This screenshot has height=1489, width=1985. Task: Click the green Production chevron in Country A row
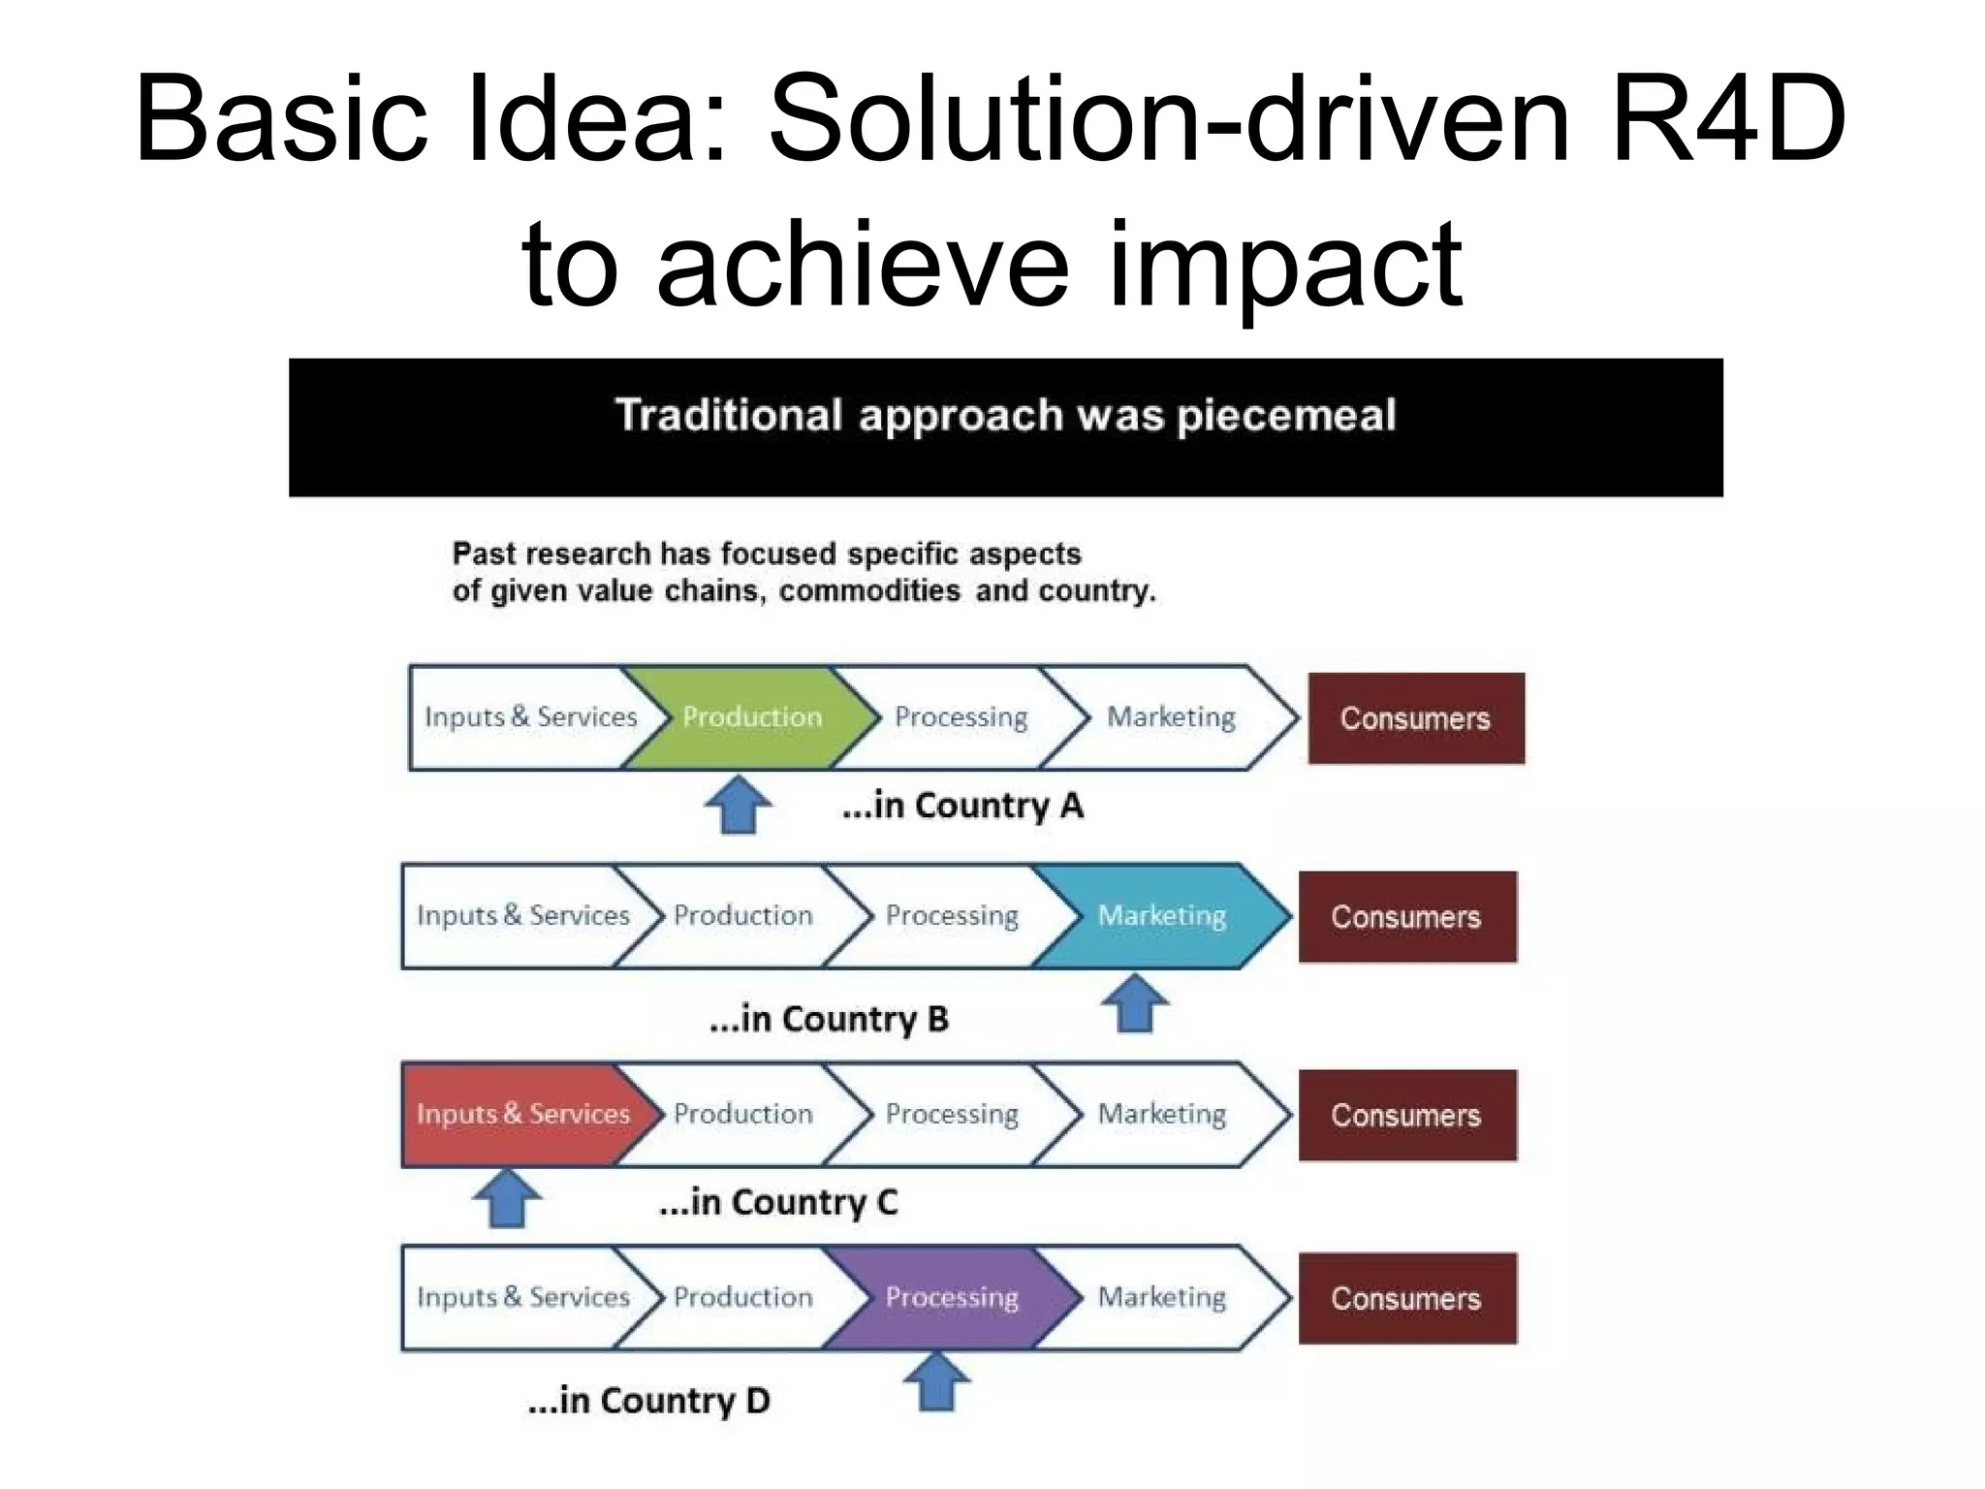pyautogui.click(x=751, y=717)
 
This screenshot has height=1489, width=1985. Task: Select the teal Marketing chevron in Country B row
pyautogui.click(x=1161, y=916)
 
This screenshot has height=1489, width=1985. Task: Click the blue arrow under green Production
pyautogui.click(x=739, y=805)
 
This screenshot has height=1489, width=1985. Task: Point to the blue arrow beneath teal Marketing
pyautogui.click(x=1135, y=1003)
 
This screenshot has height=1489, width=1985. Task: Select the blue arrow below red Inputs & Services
pyautogui.click(x=507, y=1198)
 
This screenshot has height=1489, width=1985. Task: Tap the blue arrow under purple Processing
pyautogui.click(x=936, y=1382)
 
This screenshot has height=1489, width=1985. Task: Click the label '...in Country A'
pyautogui.click(x=962, y=806)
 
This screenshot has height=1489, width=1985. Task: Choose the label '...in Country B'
pyautogui.click(x=829, y=1019)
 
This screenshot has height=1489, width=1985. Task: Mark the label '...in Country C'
pyautogui.click(x=778, y=1202)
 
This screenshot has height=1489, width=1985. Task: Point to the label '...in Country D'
pyautogui.click(x=648, y=1401)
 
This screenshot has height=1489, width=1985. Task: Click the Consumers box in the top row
pyautogui.click(x=1415, y=718)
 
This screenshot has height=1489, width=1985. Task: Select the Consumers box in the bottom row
pyautogui.click(x=1406, y=1298)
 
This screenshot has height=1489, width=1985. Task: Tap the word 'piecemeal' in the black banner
pyautogui.click(x=1286, y=416)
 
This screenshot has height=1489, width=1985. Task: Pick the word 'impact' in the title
pyautogui.click(x=1284, y=264)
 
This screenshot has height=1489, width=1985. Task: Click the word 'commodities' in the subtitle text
pyautogui.click(x=869, y=590)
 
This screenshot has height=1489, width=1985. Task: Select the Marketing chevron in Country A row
pyautogui.click(x=1171, y=717)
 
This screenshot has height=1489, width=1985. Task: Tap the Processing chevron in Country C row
pyautogui.click(x=952, y=1114)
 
